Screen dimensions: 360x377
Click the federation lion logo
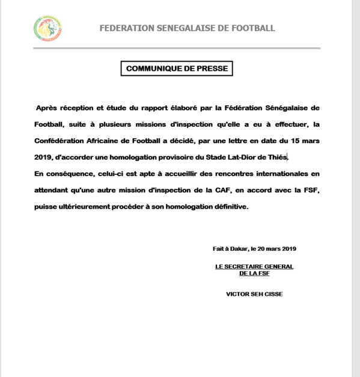[47, 28]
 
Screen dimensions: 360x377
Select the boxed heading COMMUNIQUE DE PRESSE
[177, 69]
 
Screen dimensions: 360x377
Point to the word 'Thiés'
[279, 158]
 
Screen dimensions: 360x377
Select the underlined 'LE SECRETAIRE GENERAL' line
[253, 266]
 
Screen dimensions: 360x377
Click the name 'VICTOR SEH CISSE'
[253, 294]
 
